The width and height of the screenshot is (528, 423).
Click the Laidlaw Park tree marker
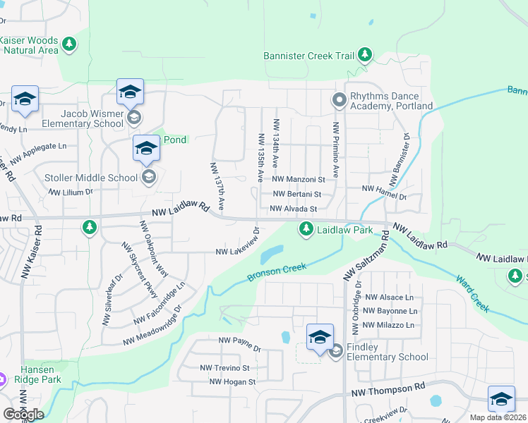306,228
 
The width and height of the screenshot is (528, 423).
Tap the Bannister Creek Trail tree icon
364,54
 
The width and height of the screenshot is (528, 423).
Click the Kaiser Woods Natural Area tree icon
68,45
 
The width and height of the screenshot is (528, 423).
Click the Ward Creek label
472,293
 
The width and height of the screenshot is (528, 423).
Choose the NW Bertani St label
296,194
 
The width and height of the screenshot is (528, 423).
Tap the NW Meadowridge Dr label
152,325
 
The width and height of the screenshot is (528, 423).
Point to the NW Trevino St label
225,368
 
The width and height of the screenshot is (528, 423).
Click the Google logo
23,414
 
